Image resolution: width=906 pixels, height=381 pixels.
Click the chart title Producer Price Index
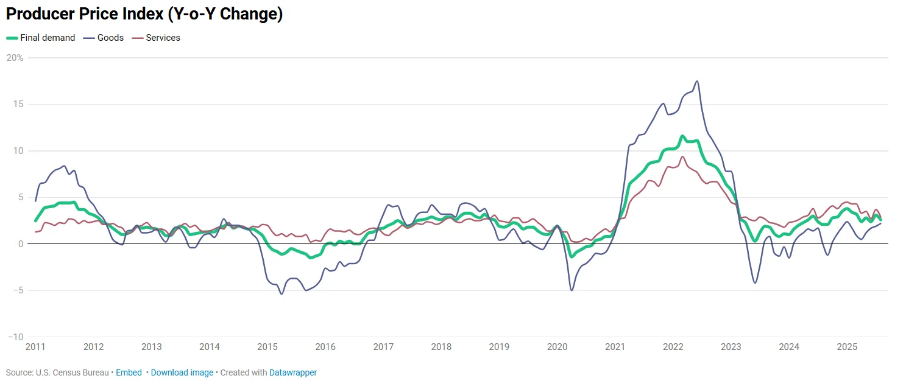pos(144,15)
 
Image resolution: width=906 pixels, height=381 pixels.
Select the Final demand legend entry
pos(47,38)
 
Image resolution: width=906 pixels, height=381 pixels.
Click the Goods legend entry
pos(110,38)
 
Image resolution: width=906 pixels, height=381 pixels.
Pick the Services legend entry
pos(163,38)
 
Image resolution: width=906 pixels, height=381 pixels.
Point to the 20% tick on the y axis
pos(15,58)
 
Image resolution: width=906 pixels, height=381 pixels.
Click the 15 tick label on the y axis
pos(18,104)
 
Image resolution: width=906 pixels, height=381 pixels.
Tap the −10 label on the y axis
pos(15,337)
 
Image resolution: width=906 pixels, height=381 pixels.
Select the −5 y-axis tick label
pos(17,290)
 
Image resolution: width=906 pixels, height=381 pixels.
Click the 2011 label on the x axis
pos(35,347)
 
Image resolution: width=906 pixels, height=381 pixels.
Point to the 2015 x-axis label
pos(267,347)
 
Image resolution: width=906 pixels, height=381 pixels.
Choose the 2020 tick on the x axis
pos(557,347)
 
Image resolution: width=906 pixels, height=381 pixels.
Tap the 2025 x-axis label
pos(847,347)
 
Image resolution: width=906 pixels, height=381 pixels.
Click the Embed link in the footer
pos(129,372)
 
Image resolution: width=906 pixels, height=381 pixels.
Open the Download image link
pos(182,372)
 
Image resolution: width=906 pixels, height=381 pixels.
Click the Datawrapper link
pos(293,372)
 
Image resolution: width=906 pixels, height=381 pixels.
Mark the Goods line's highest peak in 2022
pos(697,81)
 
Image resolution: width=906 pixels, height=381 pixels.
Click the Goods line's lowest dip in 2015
pos(281,294)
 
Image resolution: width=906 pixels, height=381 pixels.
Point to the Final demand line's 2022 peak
pos(683,136)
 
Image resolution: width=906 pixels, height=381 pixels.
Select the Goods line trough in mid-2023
pos(756,283)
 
